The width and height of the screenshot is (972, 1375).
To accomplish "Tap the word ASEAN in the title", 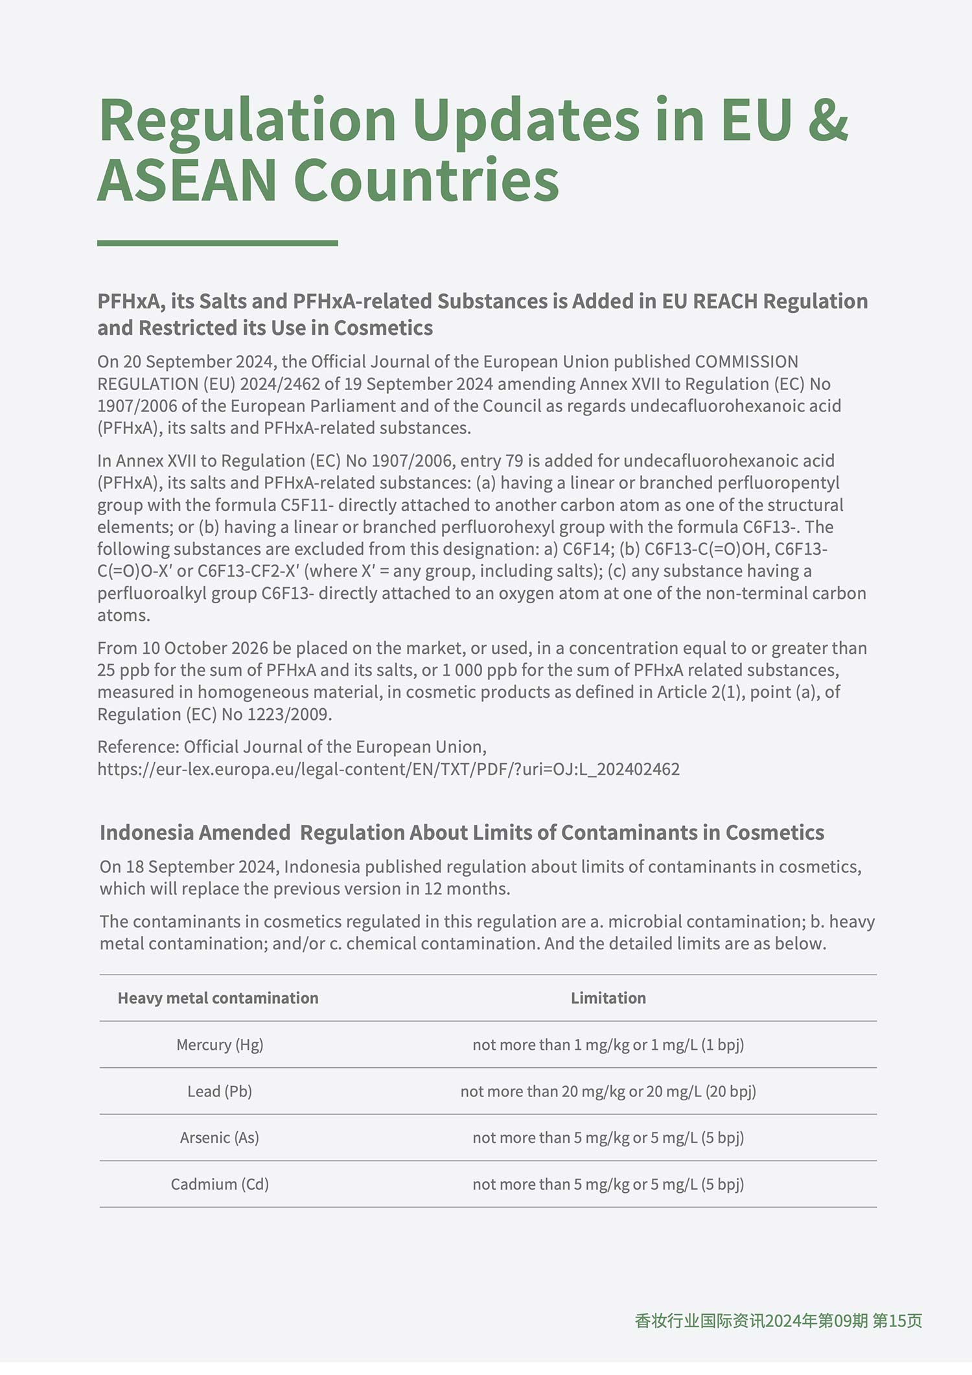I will [x=187, y=180].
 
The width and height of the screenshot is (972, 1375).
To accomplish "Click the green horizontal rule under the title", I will [x=217, y=244].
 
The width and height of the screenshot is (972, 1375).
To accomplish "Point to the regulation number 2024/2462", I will [x=280, y=384].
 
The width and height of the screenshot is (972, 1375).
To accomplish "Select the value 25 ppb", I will [x=123, y=670].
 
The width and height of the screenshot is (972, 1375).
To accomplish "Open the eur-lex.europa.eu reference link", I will [x=388, y=769].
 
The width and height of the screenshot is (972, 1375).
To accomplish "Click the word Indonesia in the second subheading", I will [x=147, y=833].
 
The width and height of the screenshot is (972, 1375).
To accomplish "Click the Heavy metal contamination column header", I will [x=218, y=998].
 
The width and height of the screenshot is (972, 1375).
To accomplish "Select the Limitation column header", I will [x=608, y=998].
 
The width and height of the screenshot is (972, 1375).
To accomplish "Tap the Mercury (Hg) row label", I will [x=220, y=1045].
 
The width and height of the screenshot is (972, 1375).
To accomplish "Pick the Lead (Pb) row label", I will [x=220, y=1091].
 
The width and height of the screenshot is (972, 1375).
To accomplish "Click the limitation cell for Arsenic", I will [x=608, y=1138].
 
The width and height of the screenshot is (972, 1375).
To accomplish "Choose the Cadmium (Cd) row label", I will [x=220, y=1184].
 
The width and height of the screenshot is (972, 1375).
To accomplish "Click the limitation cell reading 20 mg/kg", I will [x=608, y=1091].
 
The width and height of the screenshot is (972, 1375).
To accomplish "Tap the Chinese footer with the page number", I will [x=778, y=1321].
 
